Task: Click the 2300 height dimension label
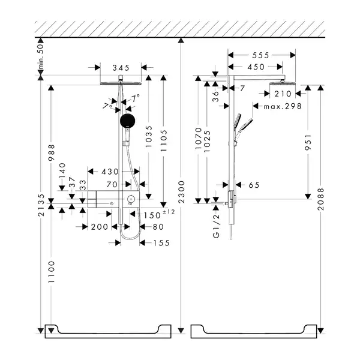181,192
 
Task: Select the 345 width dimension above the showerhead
121,68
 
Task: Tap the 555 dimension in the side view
260,55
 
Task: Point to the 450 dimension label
256,67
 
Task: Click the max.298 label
283,106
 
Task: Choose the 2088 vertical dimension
321,199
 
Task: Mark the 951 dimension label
308,142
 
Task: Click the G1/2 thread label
216,226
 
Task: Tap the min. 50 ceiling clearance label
40,56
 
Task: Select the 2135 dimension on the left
41,205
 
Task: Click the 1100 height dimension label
52,272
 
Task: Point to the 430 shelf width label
110,172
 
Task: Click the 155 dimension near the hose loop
161,243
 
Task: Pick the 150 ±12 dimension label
159,214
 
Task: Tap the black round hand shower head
127,121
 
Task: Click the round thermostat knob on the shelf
131,198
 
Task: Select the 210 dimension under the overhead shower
283,94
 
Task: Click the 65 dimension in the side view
254,185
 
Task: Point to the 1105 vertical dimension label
164,140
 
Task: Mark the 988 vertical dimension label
52,152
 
